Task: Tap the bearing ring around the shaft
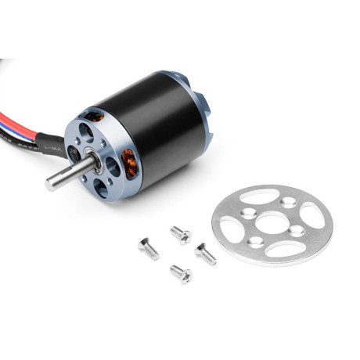95,156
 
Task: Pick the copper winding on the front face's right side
130,164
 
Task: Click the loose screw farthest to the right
205,253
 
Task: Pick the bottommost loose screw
180,274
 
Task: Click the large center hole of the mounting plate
271,222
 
